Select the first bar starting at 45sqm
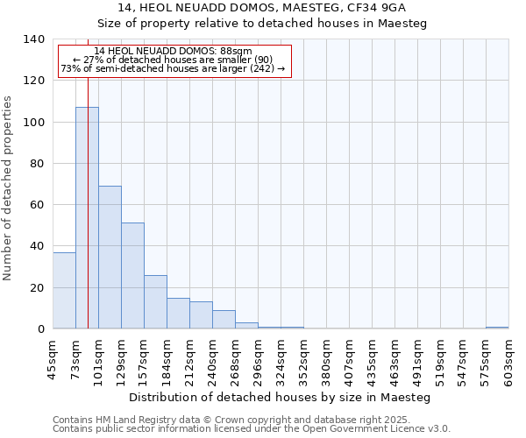point(64,290)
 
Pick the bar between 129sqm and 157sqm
point(132,275)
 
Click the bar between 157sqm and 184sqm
point(155,301)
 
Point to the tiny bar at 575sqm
point(497,328)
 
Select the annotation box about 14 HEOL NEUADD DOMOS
point(174,61)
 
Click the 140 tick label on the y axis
point(34,39)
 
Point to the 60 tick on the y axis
point(38,205)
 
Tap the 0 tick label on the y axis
point(41,329)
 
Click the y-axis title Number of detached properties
point(8,188)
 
